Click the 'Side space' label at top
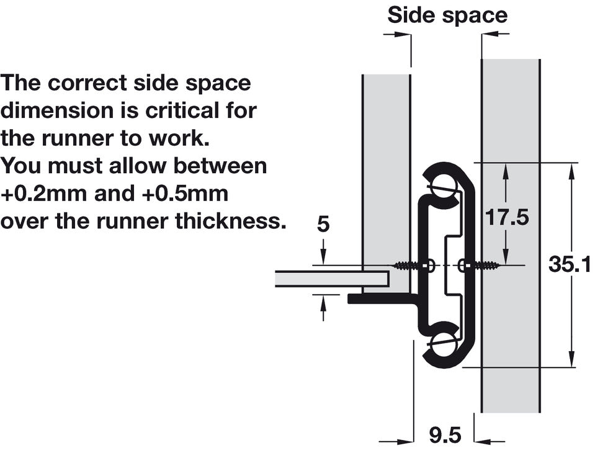pyautogui.click(x=447, y=16)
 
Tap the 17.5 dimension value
pyautogui.click(x=507, y=218)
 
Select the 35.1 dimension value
pyautogui.click(x=570, y=264)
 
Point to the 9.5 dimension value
pyautogui.click(x=445, y=435)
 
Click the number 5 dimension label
pyautogui.click(x=323, y=224)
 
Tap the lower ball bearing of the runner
pyautogui.click(x=443, y=344)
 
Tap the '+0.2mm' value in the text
pyautogui.click(x=44, y=194)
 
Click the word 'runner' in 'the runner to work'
pyautogui.click(x=78, y=139)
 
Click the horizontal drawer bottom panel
pyautogui.click(x=332, y=279)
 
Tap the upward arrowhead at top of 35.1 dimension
pyautogui.click(x=570, y=171)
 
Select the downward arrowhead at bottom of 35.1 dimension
pyautogui.click(x=570, y=359)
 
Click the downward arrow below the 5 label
pyautogui.click(x=323, y=251)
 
